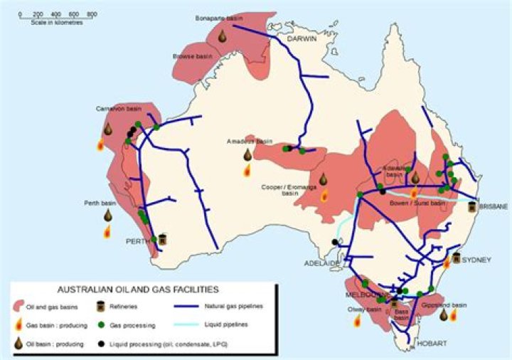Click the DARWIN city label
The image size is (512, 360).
click(302, 40)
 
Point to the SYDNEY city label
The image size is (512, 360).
click(476, 260)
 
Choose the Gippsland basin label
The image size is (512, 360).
click(447, 304)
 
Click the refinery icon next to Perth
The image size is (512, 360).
click(162, 240)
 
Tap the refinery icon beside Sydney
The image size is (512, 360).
click(457, 258)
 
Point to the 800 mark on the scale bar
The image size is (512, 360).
click(92, 14)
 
